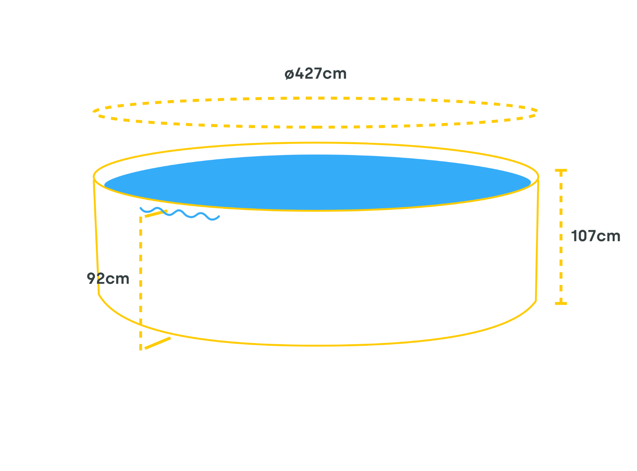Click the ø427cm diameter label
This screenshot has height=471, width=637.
[x=315, y=73]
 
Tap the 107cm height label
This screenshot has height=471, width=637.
[x=595, y=236]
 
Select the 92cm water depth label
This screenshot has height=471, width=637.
[x=108, y=278]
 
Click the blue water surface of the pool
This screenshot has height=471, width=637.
[x=317, y=182]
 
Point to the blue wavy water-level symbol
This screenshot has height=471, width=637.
[x=180, y=214]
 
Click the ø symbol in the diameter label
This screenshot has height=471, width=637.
[x=289, y=74]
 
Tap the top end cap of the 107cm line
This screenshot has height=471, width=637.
[x=560, y=170]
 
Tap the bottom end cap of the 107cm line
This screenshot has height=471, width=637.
[x=560, y=303]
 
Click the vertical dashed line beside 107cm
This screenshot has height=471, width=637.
[x=560, y=237]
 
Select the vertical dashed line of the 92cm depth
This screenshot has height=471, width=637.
[x=141, y=283]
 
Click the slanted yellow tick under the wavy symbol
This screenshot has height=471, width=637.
[x=156, y=214]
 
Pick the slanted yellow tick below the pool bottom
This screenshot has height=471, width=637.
[x=158, y=343]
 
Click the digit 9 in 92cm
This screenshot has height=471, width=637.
[x=91, y=278]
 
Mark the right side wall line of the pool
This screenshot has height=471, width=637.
[x=537, y=240]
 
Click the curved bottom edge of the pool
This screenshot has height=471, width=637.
[x=316, y=345]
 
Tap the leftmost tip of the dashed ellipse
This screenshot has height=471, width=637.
[x=93, y=112]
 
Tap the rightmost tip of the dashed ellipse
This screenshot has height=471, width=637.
[x=537, y=111]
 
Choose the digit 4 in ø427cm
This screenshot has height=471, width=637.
[x=299, y=73]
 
